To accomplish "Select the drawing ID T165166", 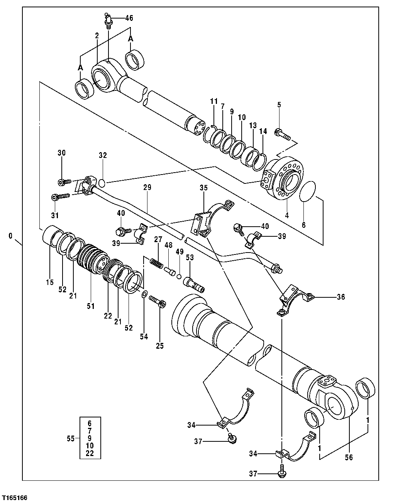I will [14, 497].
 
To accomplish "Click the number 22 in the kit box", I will [90, 453].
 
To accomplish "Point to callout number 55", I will [70, 438].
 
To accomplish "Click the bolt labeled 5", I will [283, 134].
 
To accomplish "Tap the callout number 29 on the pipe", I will [147, 187].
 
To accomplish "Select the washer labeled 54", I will [144, 295].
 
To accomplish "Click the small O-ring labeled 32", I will [102, 182].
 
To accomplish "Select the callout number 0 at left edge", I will [10, 235].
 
